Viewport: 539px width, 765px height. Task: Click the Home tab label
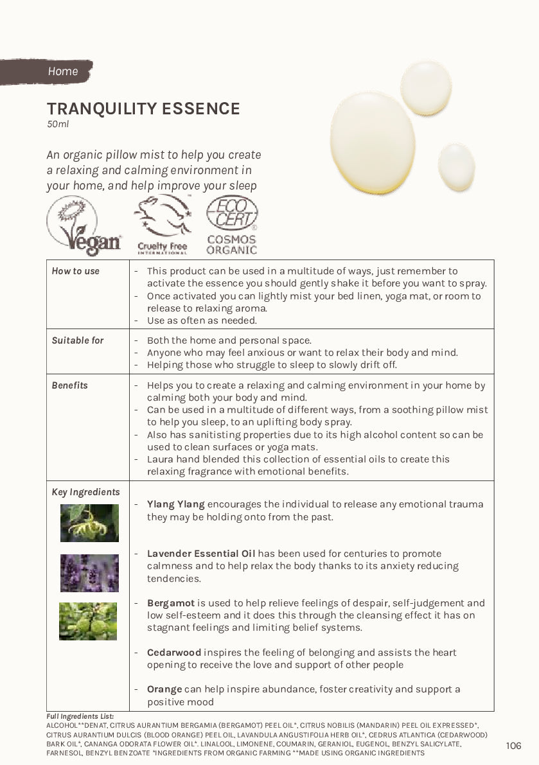point(62,71)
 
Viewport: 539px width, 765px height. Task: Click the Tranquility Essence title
point(143,109)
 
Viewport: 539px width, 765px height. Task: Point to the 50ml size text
point(57,124)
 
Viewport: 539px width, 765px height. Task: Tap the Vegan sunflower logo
point(84,225)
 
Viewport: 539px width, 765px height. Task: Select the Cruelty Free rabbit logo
point(162,225)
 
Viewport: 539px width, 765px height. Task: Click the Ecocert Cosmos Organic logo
point(232,225)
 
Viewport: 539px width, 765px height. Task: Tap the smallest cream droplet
point(456,167)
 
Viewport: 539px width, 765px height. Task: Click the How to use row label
point(75,271)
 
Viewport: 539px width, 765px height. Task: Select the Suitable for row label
point(77,340)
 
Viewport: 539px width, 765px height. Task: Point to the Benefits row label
point(69,385)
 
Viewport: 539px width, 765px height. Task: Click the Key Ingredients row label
point(85,492)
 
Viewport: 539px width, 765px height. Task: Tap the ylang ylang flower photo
point(89,523)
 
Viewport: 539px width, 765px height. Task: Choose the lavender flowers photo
point(89,573)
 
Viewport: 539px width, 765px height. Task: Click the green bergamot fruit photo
point(88,621)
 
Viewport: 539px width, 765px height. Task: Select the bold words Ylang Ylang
point(175,504)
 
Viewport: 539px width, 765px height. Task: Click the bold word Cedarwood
point(174,653)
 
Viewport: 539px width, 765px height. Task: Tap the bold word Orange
point(164,689)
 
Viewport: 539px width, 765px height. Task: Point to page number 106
point(513,746)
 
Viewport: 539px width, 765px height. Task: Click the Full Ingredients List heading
point(80,716)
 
